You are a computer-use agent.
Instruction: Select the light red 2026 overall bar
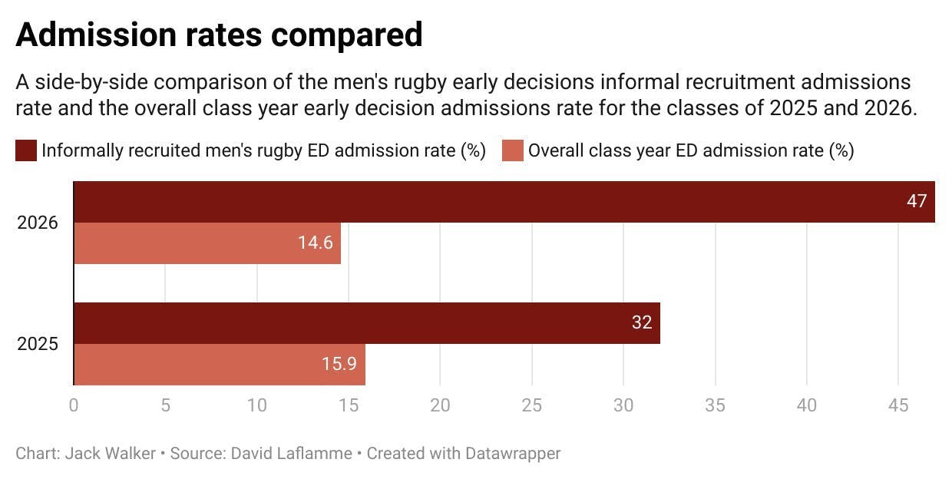coord(207,243)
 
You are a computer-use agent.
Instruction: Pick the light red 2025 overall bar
coord(219,365)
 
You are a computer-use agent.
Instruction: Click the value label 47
coord(916,202)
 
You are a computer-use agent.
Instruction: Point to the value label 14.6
coord(315,243)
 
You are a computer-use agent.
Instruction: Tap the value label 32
coord(641,323)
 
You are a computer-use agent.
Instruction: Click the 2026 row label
coord(37,223)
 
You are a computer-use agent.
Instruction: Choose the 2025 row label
coord(37,345)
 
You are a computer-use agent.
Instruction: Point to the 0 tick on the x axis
coord(74,405)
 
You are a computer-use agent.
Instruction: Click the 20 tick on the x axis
coord(440,405)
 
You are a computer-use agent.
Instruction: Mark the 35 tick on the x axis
coord(715,405)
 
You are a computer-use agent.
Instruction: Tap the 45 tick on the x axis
coord(898,405)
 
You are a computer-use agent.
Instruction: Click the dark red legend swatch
coord(25,150)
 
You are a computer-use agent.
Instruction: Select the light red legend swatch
coord(512,150)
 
